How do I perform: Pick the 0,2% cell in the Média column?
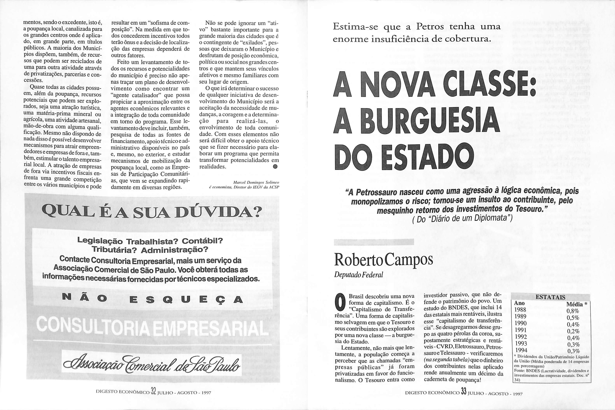pyautogui.click(x=573, y=331)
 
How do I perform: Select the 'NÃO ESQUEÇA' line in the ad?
pyautogui.click(x=153, y=299)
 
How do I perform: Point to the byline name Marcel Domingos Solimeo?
pyautogui.click(x=256, y=182)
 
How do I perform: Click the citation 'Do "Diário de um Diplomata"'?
pyautogui.click(x=462, y=218)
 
